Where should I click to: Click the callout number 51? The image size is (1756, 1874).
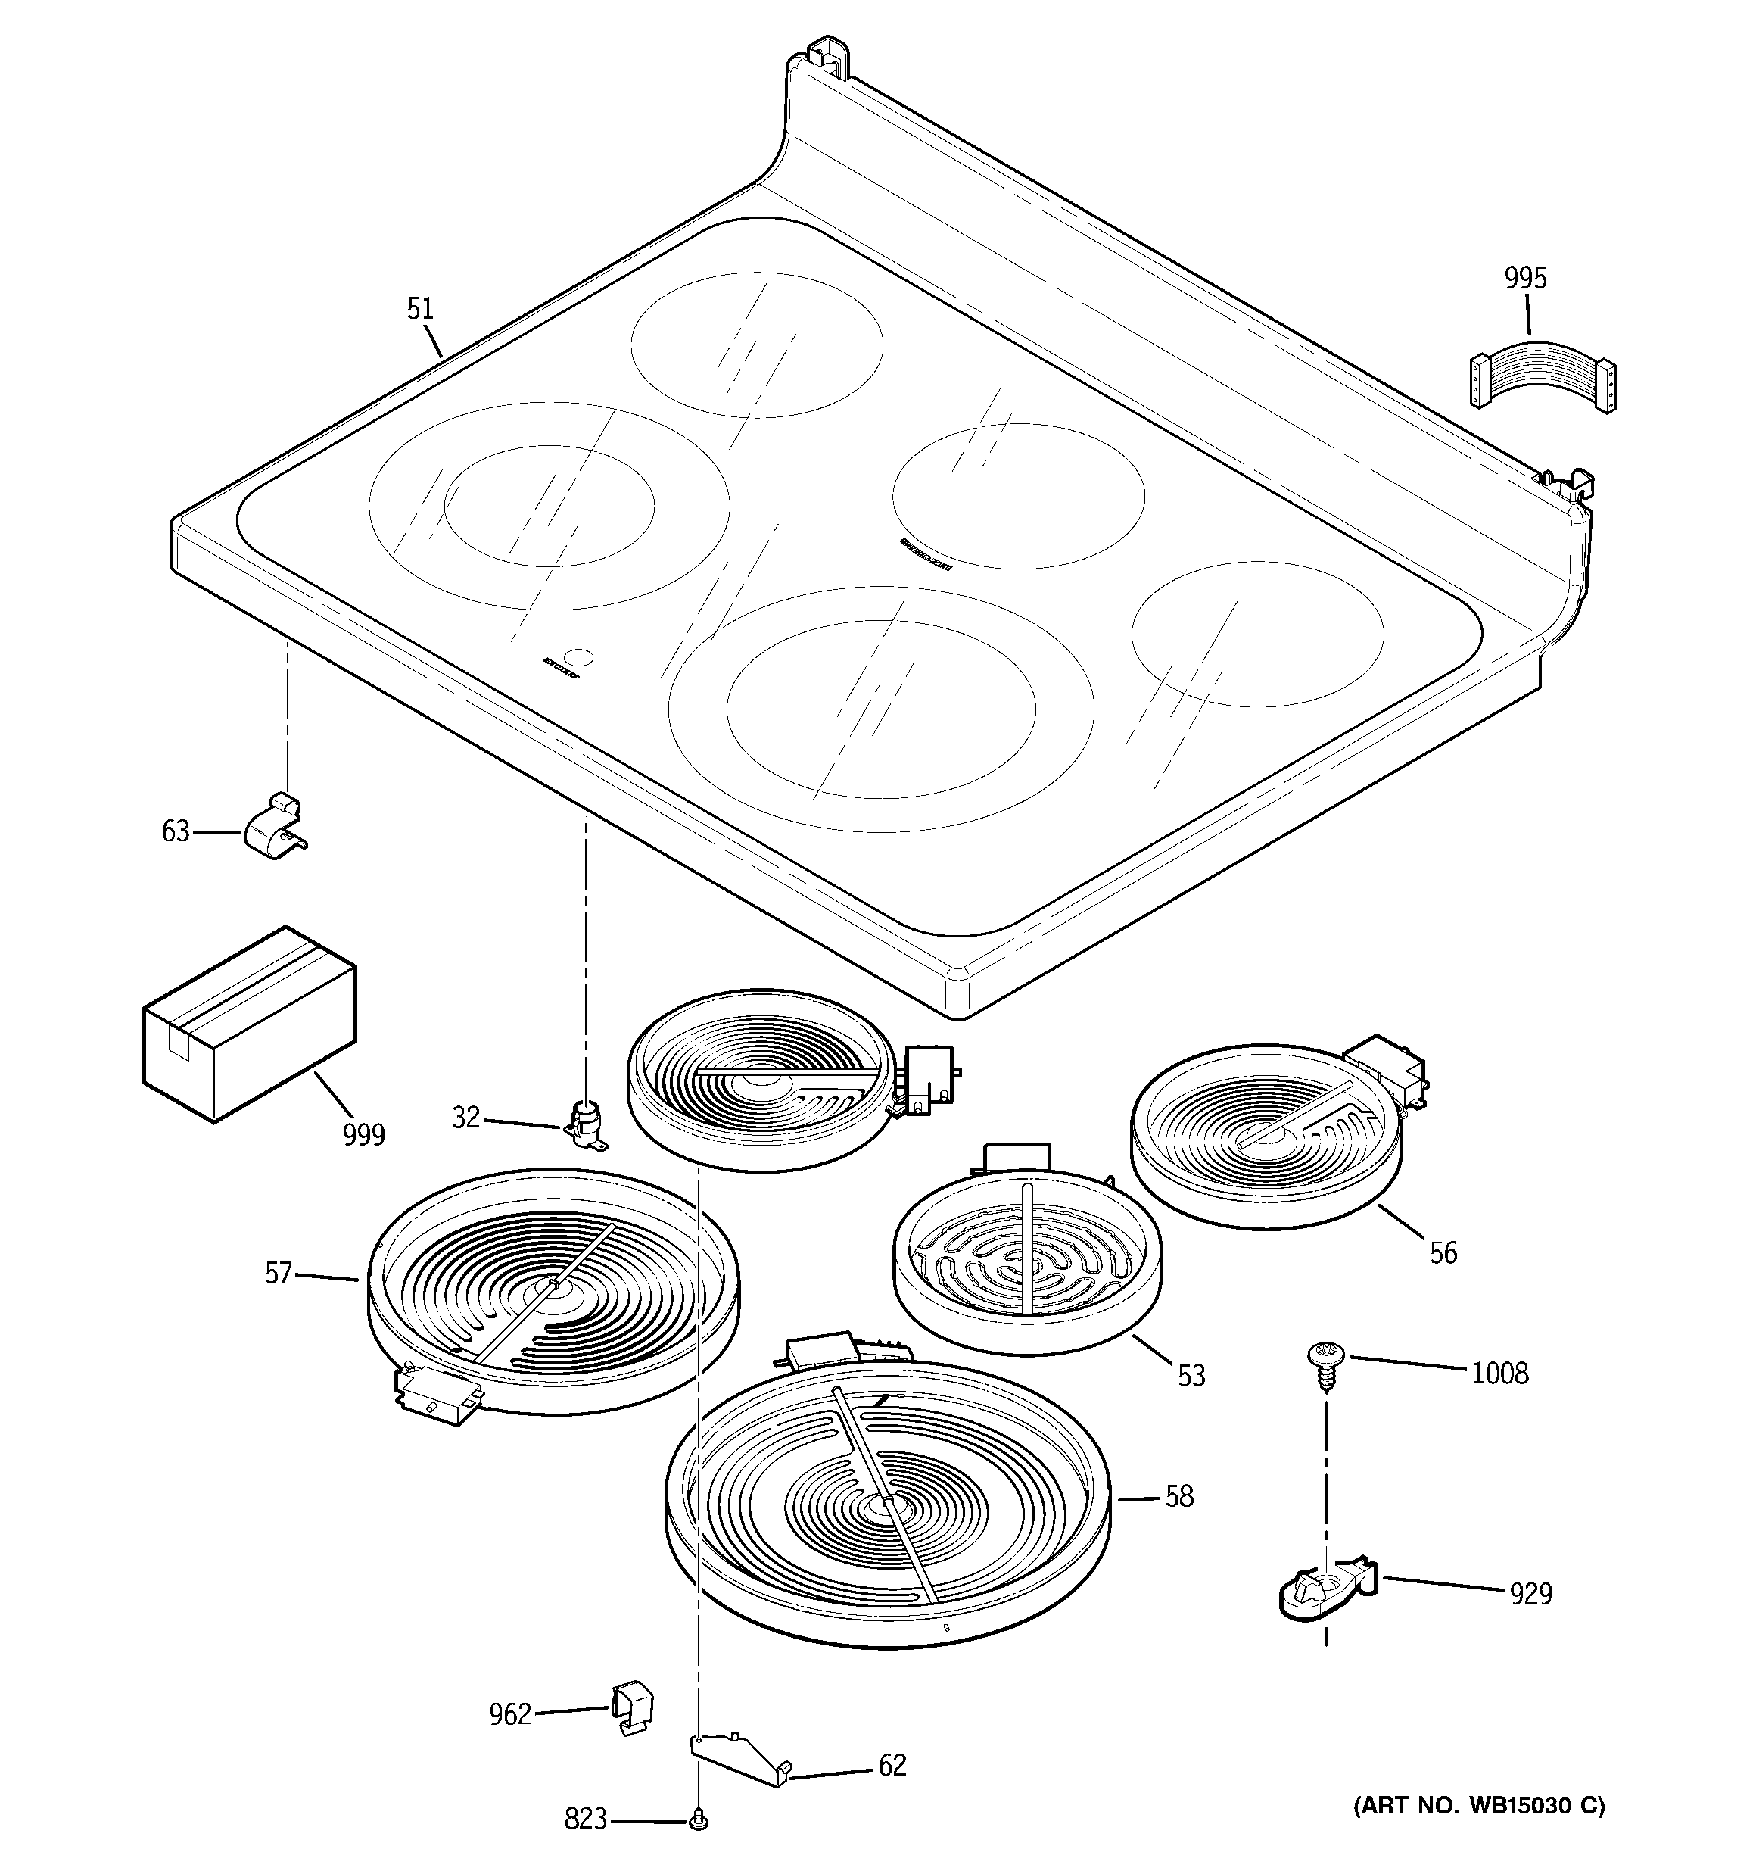pyautogui.click(x=420, y=309)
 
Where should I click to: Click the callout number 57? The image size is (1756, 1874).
pyautogui.click(x=278, y=1274)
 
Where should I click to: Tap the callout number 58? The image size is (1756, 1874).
pyautogui.click(x=1179, y=1496)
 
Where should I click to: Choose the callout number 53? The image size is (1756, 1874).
pyautogui.click(x=1191, y=1377)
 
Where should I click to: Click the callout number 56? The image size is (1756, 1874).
pyautogui.click(x=1443, y=1253)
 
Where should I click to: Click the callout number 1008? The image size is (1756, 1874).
pyautogui.click(x=1499, y=1374)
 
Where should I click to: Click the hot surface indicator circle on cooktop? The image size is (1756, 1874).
pyautogui.click(x=581, y=657)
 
